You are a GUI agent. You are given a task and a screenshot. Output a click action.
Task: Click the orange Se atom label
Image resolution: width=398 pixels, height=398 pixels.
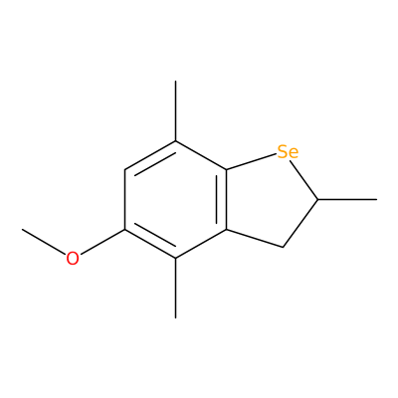[x=288, y=152]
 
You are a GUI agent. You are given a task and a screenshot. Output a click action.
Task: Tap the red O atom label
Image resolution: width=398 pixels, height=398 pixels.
[x=73, y=259]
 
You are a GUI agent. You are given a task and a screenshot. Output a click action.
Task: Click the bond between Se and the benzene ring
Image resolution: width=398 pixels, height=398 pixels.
[x=252, y=162]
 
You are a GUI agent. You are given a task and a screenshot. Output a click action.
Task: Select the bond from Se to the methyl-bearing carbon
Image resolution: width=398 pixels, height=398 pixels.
[x=303, y=179]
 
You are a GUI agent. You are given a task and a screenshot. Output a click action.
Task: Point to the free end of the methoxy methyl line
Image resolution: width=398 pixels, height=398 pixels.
[x=22, y=229]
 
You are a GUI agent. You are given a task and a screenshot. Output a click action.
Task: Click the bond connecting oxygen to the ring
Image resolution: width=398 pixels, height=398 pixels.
[x=102, y=242]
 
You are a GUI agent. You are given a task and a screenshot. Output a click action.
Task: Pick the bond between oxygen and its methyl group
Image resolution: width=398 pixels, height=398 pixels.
[x=44, y=242]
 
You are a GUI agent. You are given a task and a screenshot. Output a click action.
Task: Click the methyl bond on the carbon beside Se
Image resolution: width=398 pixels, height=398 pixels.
[x=347, y=199]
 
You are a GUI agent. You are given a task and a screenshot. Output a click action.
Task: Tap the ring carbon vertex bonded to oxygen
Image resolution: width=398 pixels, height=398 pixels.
[x=125, y=229]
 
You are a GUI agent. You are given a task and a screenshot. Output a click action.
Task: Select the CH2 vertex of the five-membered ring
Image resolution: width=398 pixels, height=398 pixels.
[x=283, y=247]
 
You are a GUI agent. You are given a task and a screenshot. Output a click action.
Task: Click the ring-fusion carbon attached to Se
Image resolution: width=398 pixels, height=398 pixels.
[x=227, y=170]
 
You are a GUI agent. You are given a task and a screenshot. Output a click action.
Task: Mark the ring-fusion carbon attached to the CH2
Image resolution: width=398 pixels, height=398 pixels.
[x=227, y=229]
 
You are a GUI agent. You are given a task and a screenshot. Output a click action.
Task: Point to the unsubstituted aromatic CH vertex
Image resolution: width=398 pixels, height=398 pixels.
[x=125, y=170]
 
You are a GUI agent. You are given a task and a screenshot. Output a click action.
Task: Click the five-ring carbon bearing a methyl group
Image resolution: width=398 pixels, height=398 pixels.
[x=318, y=199]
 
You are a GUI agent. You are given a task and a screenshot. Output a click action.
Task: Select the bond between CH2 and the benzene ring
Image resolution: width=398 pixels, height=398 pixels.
[x=255, y=238]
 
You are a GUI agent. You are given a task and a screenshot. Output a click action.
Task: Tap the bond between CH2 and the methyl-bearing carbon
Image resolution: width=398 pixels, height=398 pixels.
[x=300, y=223]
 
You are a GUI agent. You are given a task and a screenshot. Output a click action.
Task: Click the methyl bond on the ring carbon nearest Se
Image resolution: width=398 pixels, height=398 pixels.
[x=176, y=111]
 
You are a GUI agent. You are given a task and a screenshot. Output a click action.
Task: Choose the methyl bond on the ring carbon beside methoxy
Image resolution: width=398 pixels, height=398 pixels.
[x=176, y=288]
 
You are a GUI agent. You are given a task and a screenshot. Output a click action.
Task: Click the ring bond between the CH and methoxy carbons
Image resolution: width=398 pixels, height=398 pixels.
[x=125, y=200]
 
